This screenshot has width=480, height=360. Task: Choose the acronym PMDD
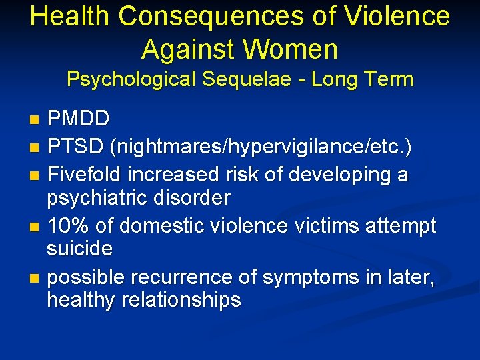coord(79,120)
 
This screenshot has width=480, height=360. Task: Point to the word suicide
coord(79,249)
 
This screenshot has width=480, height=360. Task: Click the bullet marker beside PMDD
coord(35,121)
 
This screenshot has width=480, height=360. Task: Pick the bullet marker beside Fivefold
coord(35,175)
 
